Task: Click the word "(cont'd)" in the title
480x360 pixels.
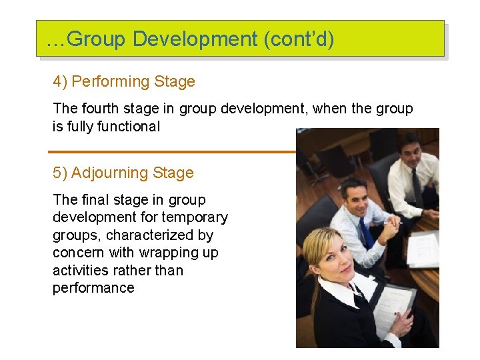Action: coord(299,39)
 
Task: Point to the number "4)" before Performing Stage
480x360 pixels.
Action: coord(60,82)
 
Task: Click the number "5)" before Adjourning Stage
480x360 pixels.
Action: coord(60,173)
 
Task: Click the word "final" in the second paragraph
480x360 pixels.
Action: coord(93,200)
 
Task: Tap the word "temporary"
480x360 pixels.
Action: coord(196,217)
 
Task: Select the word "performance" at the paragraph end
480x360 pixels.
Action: coord(93,288)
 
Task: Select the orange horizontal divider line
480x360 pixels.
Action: coord(173,151)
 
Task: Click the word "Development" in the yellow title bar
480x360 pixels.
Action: coord(195,39)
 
